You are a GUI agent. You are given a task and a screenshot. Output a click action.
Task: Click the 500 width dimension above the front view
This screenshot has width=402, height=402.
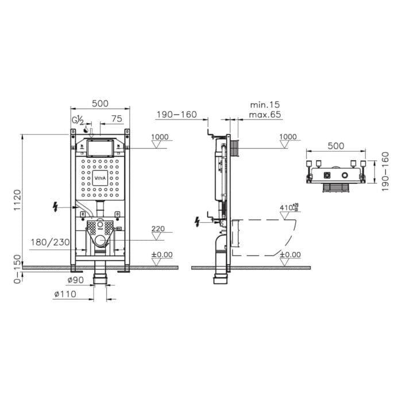pos(100,104)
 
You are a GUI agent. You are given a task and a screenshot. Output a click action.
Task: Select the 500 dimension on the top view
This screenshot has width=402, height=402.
pos(336,146)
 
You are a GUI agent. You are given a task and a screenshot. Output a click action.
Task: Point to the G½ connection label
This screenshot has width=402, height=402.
pos(78,121)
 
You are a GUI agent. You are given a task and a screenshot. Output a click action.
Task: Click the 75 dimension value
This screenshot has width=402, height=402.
pos(117,119)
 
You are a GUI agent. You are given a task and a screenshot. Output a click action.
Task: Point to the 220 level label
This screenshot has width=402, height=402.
pos(158,229)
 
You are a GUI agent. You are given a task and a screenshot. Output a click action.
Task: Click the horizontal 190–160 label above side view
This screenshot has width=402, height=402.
pos(176,115)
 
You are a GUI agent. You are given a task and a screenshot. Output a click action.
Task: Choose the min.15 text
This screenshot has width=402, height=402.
pos(265,105)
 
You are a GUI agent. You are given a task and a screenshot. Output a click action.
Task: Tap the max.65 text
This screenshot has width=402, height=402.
pos(265,115)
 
